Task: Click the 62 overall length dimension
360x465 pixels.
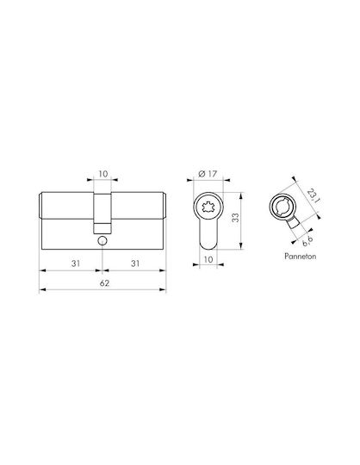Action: point(104,283)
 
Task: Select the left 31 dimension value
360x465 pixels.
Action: point(76,263)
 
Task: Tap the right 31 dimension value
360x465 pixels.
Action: point(135,263)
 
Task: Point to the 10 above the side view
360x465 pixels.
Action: point(102,174)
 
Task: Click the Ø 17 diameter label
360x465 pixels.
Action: point(208,174)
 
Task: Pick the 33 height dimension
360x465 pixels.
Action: point(235,218)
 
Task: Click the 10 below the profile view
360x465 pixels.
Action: point(208,259)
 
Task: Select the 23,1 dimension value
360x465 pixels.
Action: point(313,196)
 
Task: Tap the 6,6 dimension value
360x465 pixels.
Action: point(307,242)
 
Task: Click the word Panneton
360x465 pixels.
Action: point(300,256)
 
